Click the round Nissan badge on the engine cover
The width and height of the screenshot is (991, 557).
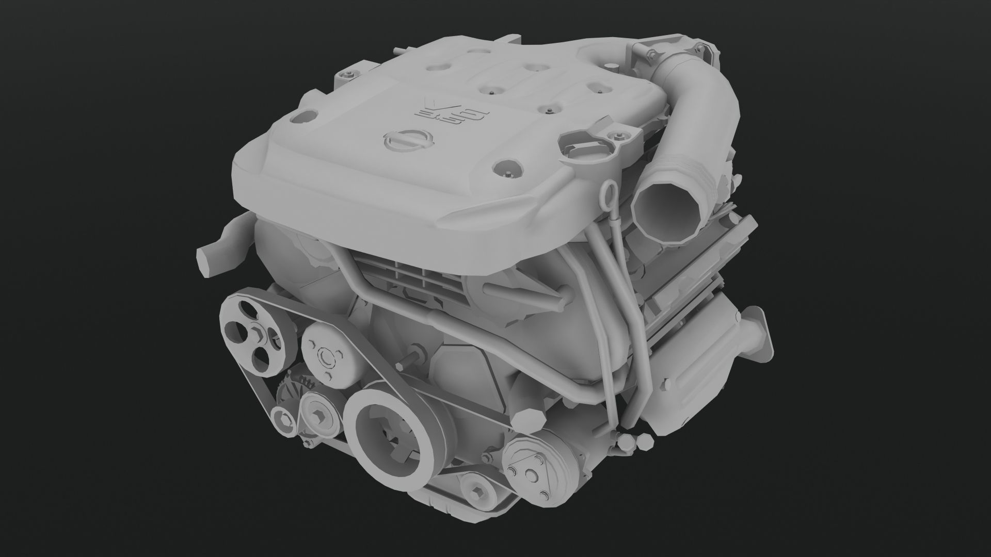pyautogui.click(x=408, y=140)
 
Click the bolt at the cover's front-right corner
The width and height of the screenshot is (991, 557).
pyautogui.click(x=506, y=168)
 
